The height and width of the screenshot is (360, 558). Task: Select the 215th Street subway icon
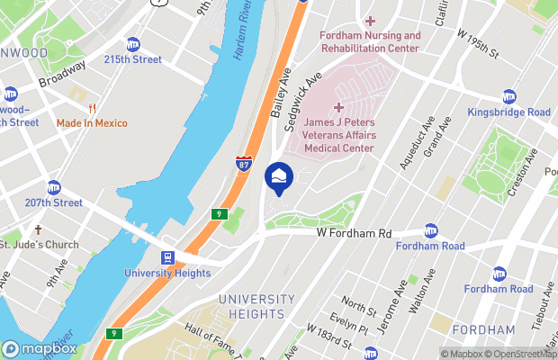[133, 44]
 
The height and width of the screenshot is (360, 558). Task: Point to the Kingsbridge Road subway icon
[509, 97]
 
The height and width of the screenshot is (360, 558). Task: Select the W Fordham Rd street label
[354, 234]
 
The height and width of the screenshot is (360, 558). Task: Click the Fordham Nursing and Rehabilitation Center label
[370, 42]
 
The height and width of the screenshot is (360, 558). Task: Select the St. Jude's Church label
[40, 245]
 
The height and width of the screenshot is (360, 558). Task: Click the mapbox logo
[40, 348]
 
